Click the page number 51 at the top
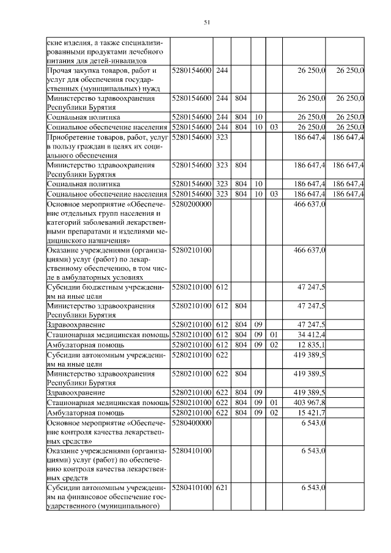206,23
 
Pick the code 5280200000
192,204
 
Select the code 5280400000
192,422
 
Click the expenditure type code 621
222,487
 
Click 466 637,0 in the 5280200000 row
309,204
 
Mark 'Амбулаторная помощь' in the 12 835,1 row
82,344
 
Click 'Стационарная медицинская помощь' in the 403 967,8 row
107,402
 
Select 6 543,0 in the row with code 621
313,487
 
